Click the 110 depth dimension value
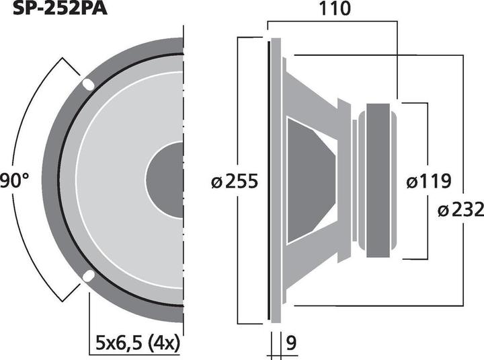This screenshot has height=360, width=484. point(335,9)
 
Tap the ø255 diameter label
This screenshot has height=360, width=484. point(234,182)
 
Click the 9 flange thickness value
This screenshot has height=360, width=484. point(290,344)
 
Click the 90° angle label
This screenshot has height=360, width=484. point(13,180)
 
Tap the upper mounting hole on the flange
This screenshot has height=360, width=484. point(89,85)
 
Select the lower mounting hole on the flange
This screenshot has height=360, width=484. point(88,276)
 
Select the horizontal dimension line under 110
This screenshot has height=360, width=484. point(333,23)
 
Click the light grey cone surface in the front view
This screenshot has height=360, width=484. point(114,180)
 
